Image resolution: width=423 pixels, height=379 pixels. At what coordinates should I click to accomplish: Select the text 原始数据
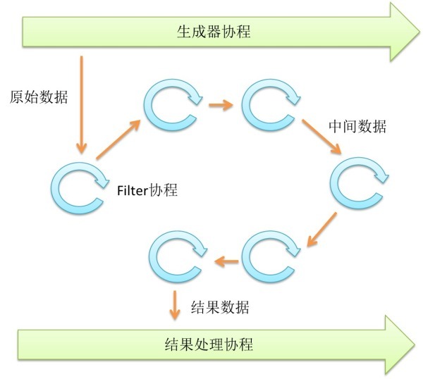(x=39, y=97)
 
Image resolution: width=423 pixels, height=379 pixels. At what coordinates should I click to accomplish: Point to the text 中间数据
(x=357, y=127)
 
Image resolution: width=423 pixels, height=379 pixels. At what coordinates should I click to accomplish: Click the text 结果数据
(x=220, y=307)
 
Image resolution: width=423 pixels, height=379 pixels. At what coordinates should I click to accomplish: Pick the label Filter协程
(x=147, y=190)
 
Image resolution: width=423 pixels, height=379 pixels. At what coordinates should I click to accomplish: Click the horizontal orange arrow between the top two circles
(x=220, y=106)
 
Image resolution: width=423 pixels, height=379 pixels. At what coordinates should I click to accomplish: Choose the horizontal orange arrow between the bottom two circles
(x=226, y=262)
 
